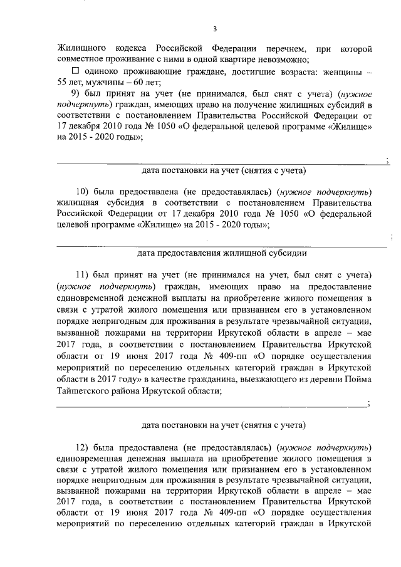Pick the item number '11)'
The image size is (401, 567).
(x=83, y=276)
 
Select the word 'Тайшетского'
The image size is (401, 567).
(x=85, y=389)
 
